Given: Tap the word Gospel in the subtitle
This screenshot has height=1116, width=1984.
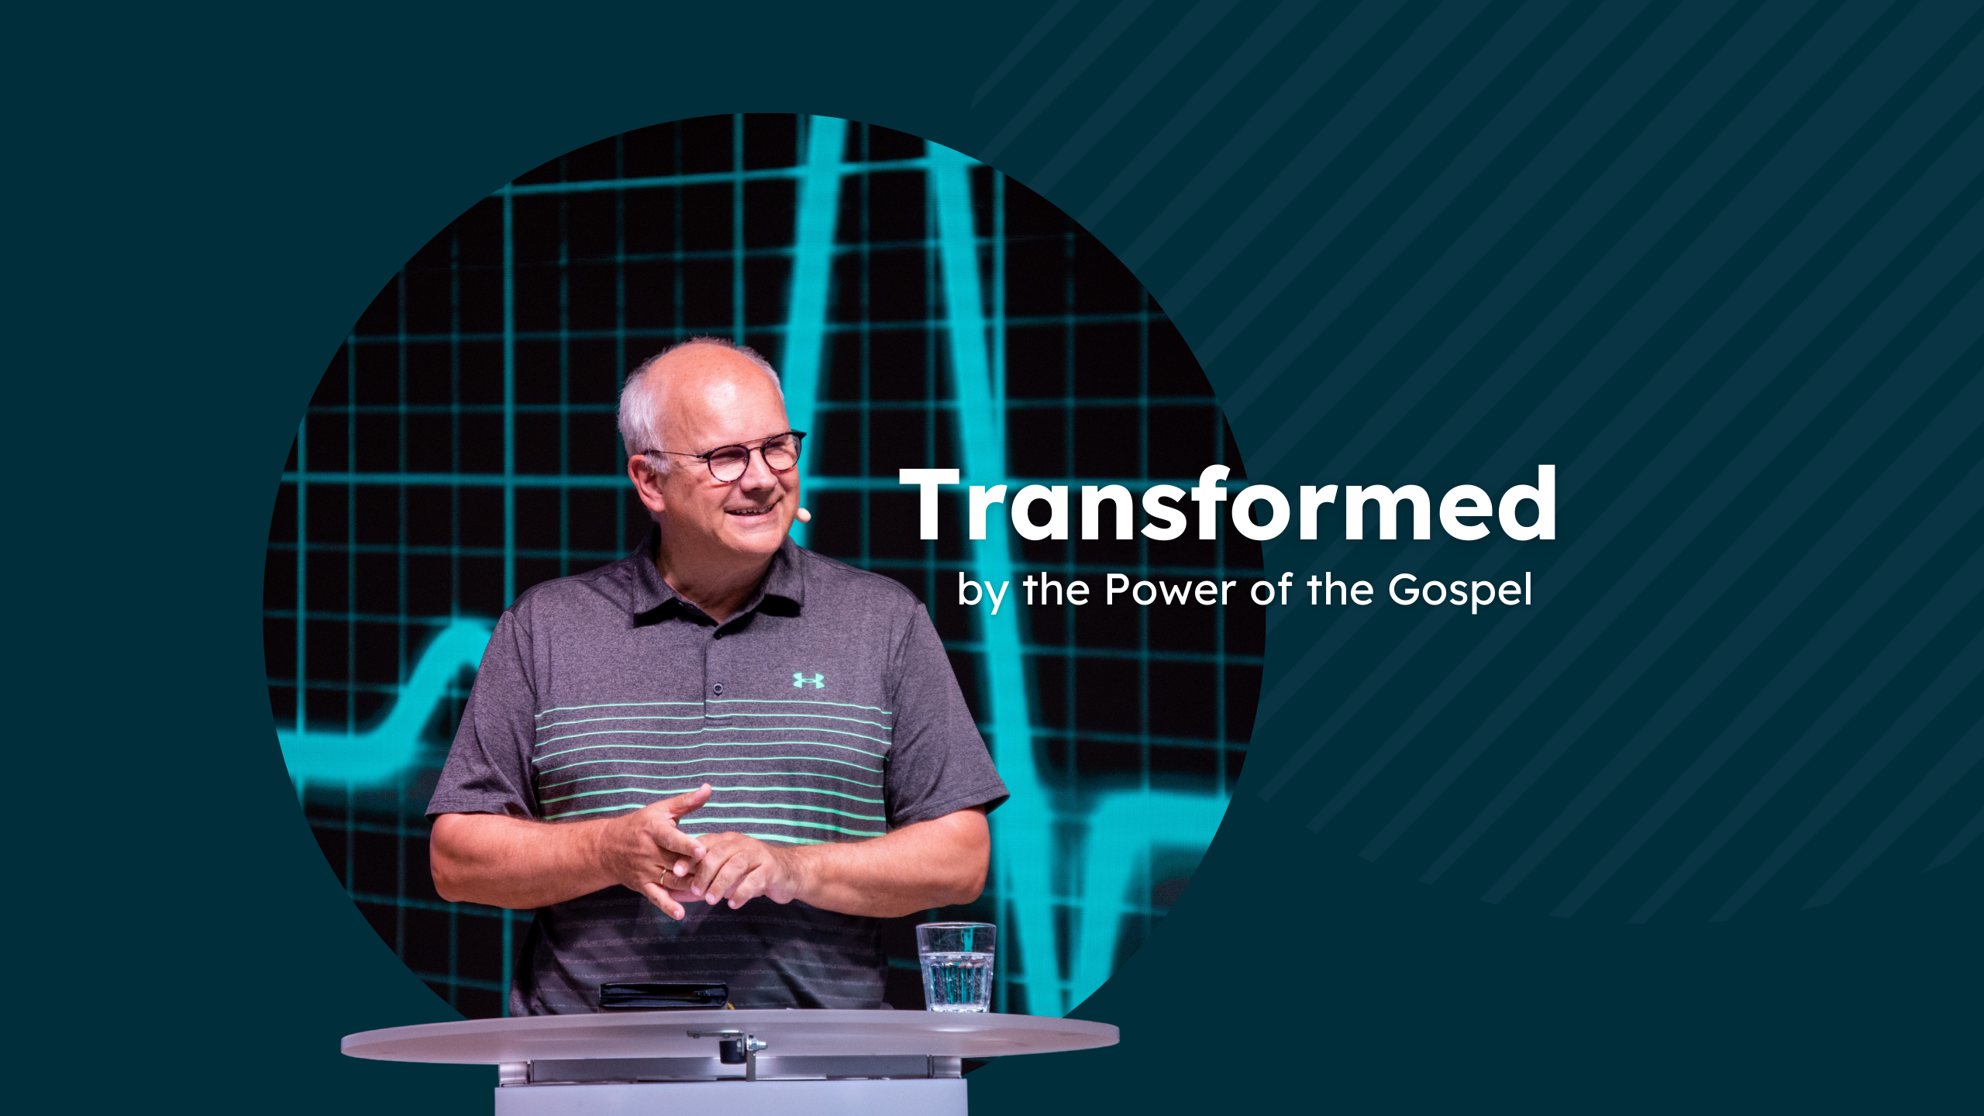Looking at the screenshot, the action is tap(1459, 591).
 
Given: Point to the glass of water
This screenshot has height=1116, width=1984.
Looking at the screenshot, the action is tap(956, 967).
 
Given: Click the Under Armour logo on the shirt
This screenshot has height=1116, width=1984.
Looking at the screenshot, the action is tap(808, 680).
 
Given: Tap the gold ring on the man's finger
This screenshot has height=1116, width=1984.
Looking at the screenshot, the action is tap(663, 877).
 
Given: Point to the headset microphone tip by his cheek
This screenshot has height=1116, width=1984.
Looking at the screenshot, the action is tap(804, 514).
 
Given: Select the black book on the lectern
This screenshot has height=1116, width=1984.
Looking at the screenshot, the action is tap(663, 996).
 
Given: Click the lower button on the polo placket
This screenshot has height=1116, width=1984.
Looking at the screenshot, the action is tap(718, 688).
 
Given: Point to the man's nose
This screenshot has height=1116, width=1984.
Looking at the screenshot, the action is tap(758, 480).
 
